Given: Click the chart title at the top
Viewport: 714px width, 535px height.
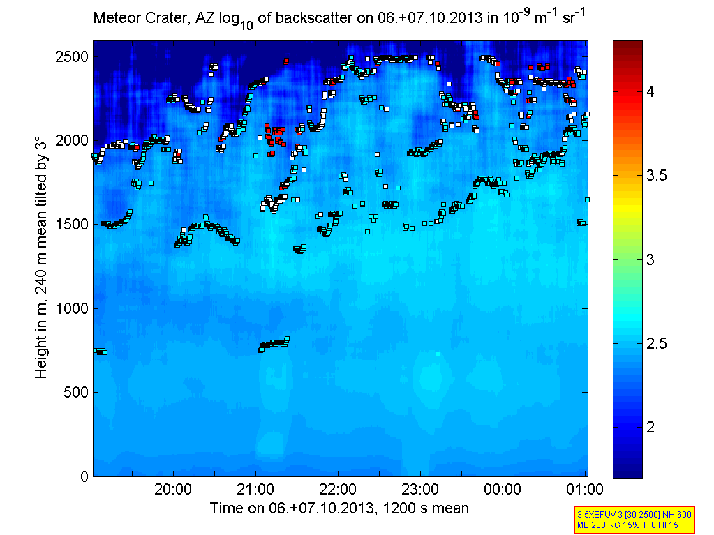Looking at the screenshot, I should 339,18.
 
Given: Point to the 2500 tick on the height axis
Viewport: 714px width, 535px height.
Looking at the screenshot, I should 70,56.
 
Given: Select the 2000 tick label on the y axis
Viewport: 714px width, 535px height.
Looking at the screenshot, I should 70,140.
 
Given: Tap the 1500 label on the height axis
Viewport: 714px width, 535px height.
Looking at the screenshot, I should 70,225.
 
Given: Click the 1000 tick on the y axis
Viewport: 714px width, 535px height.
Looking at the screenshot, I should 70,308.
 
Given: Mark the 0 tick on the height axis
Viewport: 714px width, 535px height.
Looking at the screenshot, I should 83,476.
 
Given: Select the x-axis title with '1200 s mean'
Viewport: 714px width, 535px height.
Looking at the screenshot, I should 339,508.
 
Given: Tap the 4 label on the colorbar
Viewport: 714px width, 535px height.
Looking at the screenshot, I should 650,91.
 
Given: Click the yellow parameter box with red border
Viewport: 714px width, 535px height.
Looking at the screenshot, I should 634,518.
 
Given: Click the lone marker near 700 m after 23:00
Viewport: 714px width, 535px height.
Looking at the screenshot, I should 438,354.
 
